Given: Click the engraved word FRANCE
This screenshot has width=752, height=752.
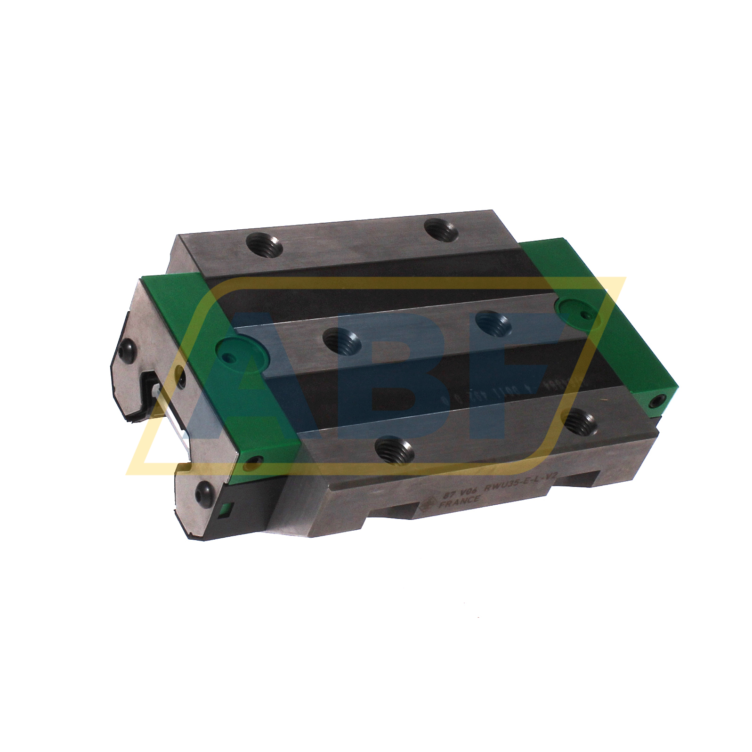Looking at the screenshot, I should coord(460,501).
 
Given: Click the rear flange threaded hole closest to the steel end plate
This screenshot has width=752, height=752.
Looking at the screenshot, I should coord(264,246).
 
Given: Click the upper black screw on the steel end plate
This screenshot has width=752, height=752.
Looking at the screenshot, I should coord(127,350).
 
